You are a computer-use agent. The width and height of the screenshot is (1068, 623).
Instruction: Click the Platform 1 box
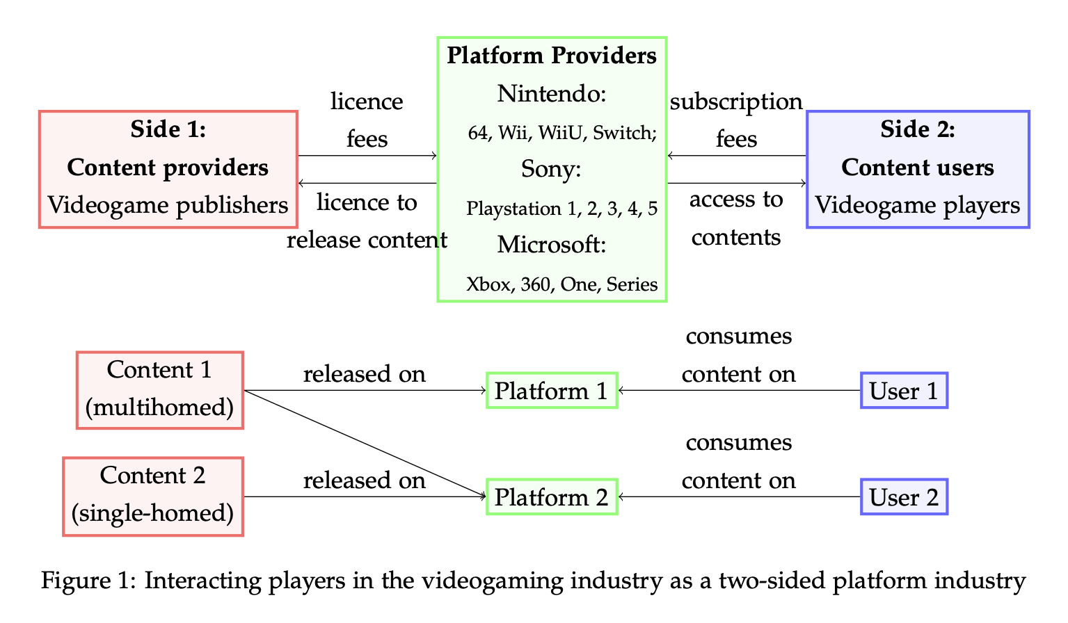pyautogui.click(x=551, y=391)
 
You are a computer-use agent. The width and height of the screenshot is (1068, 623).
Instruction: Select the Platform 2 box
pyautogui.click(x=551, y=497)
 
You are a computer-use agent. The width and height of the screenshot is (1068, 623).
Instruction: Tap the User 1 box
pyautogui.click(x=904, y=391)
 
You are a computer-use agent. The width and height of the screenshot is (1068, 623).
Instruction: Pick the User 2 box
pyautogui.click(x=904, y=497)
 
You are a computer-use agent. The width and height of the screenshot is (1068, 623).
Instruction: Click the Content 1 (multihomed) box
pyautogui.click(x=160, y=389)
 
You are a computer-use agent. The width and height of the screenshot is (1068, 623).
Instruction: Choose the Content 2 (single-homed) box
pyautogui.click(x=153, y=496)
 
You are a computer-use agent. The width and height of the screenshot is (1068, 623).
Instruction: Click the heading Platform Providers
pyautogui.click(x=552, y=56)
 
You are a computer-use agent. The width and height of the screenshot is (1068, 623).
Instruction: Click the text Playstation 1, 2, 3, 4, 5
pyautogui.click(x=561, y=209)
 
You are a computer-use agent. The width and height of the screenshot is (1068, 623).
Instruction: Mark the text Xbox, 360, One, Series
pyautogui.click(x=561, y=284)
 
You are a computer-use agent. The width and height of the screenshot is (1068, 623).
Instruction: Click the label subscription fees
pyautogui.click(x=736, y=120)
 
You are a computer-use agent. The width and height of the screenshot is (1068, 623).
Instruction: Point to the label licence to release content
pyautogui.click(x=367, y=221)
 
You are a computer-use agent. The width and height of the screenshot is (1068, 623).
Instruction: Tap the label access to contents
pyautogui.click(x=736, y=218)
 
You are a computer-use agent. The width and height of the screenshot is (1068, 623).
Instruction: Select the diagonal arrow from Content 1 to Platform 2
pyautogui.click(x=365, y=444)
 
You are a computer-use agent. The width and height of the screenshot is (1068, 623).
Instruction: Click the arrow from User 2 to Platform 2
pyautogui.click(x=738, y=497)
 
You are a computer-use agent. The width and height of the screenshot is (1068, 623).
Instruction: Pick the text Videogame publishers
pyautogui.click(x=168, y=205)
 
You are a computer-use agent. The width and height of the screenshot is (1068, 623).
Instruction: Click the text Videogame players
pyautogui.click(x=917, y=205)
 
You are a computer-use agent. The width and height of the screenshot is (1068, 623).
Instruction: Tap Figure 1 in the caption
pyautogui.click(x=88, y=581)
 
